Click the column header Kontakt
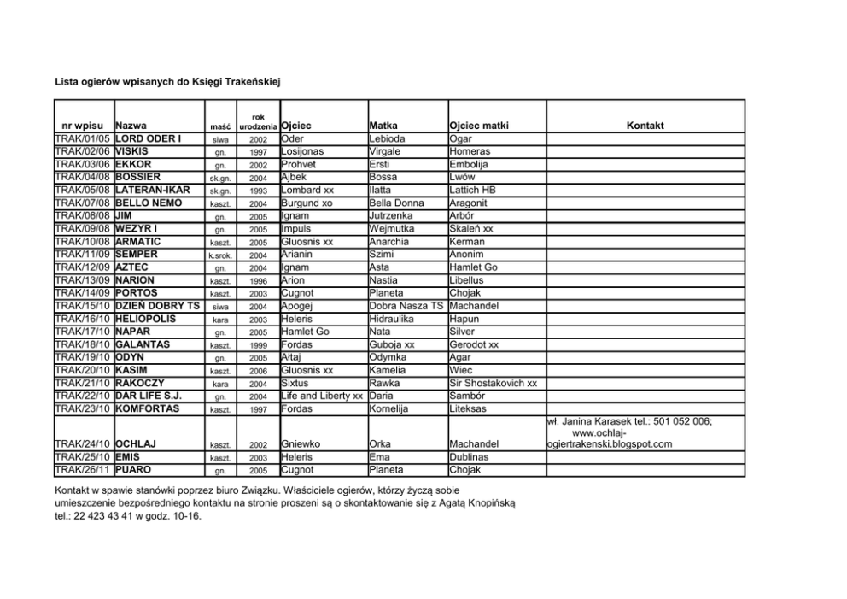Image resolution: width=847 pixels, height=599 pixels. (645, 126)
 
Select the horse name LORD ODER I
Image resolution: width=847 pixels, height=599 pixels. (149, 138)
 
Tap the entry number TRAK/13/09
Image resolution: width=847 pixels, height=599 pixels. (83, 279)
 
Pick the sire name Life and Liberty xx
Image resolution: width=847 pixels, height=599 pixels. (322, 396)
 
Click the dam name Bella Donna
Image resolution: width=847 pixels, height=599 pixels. (396, 203)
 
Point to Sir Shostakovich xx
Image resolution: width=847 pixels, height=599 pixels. (493, 383)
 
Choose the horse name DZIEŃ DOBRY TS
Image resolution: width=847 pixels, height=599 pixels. (157, 306)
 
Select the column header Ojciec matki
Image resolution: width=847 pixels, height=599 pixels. (478, 126)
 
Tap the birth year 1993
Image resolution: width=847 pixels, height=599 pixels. (259, 191)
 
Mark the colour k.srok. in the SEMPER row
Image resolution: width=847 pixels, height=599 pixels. (220, 255)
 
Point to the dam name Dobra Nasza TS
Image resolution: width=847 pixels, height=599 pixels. (406, 306)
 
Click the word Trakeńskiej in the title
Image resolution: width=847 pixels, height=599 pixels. (250, 81)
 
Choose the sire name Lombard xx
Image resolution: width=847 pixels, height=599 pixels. (307, 190)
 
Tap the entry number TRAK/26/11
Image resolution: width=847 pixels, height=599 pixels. (83, 470)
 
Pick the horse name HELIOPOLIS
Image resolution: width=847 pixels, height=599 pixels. (146, 319)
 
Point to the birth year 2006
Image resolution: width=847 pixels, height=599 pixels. (259, 371)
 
